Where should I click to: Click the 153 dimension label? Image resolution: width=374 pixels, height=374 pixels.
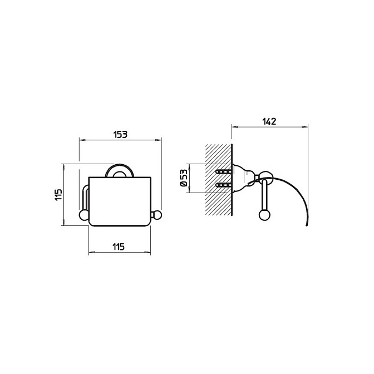(120, 135)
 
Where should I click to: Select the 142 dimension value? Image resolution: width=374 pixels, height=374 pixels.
(269, 121)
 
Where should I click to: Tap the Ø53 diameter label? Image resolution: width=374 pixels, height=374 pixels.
(184, 178)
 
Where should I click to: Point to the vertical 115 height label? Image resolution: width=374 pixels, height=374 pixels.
(58, 195)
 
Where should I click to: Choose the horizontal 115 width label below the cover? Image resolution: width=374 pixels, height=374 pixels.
(119, 247)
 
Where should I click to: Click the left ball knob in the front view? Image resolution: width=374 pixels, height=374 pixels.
(83, 214)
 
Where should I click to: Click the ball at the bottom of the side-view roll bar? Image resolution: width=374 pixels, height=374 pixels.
(264, 214)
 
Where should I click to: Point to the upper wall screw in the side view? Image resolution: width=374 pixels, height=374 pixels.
(223, 171)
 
